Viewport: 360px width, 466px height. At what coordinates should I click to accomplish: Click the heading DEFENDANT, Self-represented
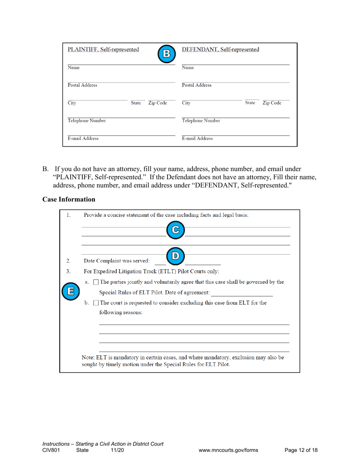point(221,49)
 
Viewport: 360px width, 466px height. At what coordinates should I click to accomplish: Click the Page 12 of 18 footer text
point(301,450)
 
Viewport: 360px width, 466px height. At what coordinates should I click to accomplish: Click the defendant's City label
point(186,103)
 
